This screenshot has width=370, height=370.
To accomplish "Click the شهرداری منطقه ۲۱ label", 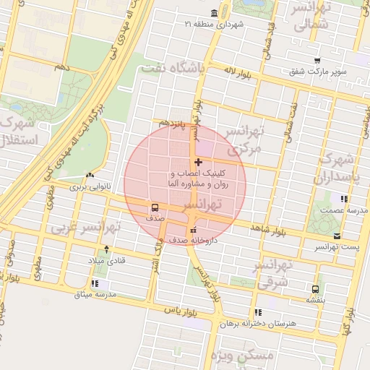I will coord(215,25).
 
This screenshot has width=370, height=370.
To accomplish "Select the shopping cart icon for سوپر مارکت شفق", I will coord(317,60).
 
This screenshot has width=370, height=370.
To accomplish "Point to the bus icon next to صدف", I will coord(153,206).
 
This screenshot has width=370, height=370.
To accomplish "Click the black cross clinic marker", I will coord(199,163).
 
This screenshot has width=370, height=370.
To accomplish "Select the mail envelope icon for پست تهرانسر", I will coord(337,236).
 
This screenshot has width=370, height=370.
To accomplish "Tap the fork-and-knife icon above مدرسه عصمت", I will coord(345,198).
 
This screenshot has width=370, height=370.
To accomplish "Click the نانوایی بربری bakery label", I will coord(87,186).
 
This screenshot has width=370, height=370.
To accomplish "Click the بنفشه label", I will coord(315,299).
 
